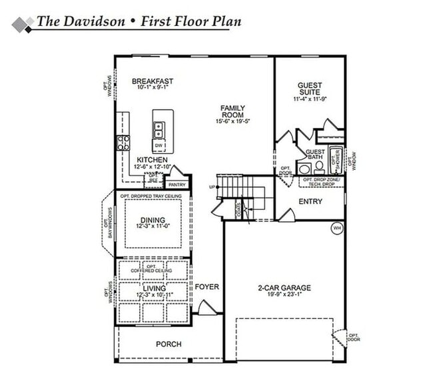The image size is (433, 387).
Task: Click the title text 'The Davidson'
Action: click(80, 21)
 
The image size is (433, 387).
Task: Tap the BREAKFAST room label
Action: click(152, 81)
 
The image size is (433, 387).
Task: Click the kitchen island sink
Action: click(159, 129)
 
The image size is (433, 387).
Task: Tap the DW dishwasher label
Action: click(159, 145)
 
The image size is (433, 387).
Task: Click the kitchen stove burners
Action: click(123, 142)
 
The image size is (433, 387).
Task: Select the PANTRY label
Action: click(177, 185)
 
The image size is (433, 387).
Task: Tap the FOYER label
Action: click(207, 287)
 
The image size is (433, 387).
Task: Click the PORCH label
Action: click(169, 344)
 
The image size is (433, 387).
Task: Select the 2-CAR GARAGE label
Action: click(284, 288)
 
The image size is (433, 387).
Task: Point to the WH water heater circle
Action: click(337, 228)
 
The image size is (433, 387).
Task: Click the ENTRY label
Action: click(310, 201)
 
